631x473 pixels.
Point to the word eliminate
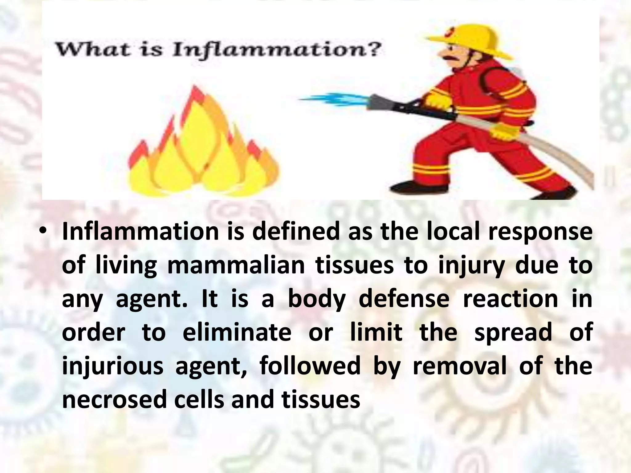point(237,332)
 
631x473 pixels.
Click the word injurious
point(112,366)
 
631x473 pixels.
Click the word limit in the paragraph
point(376,332)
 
